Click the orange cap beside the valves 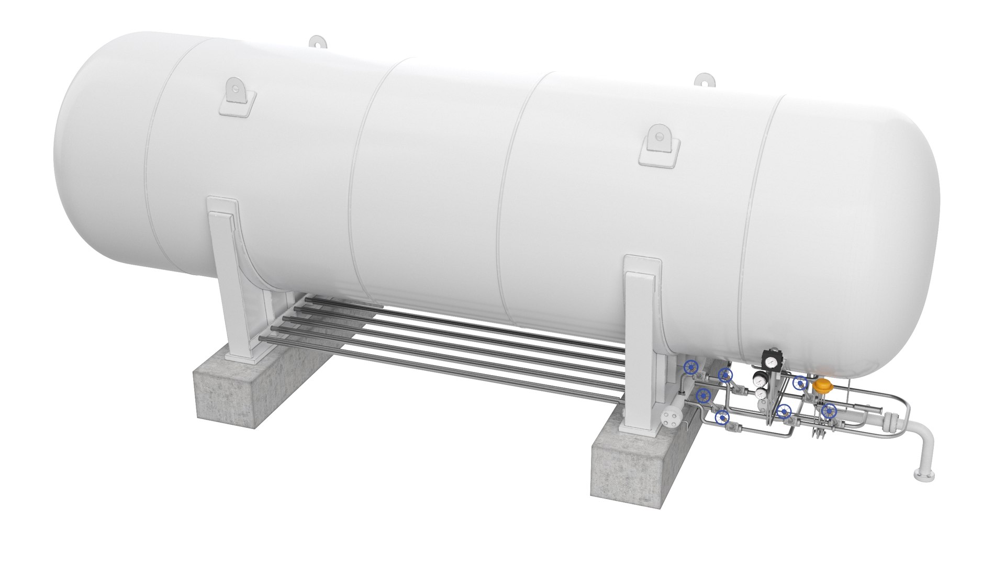[x=823, y=387]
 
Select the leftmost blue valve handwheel [x=691, y=367]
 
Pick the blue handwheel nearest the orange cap [x=800, y=383]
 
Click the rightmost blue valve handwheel [x=829, y=411]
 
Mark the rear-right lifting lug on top [x=704, y=81]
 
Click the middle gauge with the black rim [x=758, y=379]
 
